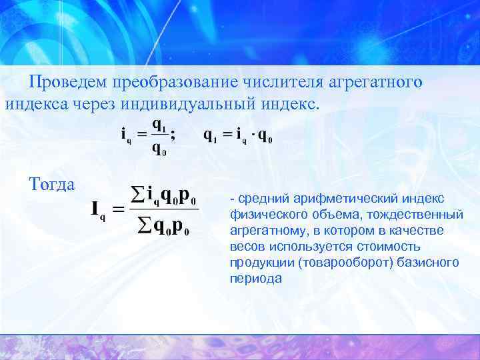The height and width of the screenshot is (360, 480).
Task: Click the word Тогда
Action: click(x=52, y=183)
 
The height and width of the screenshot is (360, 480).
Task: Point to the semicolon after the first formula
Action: click(x=173, y=133)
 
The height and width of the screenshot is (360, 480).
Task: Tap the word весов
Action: click(x=245, y=247)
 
